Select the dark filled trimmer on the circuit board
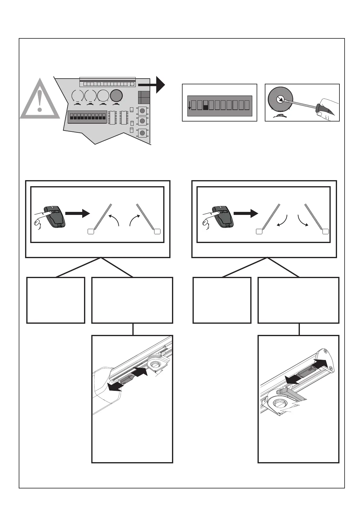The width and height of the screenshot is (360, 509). click(116, 96)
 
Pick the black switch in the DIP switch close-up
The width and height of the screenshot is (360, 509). click(206, 105)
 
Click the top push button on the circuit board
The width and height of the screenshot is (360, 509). click(142, 111)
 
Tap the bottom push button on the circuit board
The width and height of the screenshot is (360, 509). click(142, 133)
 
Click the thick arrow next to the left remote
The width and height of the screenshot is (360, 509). click(77, 214)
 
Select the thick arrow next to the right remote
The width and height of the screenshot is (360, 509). click(245, 214)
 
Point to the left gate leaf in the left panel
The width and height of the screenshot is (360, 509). click(103, 216)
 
